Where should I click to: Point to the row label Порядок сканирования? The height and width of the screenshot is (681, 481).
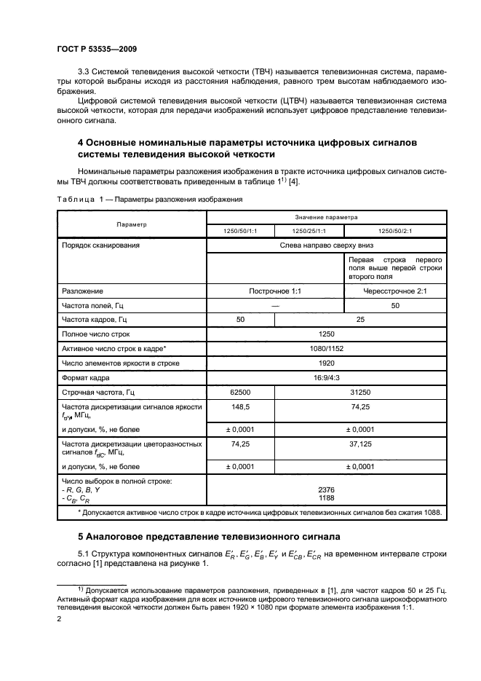click(x=101, y=245)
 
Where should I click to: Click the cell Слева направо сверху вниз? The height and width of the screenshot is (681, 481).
click(x=326, y=245)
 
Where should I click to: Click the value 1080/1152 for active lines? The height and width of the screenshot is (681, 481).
click(x=326, y=349)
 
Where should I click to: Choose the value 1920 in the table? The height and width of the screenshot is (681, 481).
click(x=326, y=362)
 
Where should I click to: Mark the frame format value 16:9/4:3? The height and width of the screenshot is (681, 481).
click(x=326, y=377)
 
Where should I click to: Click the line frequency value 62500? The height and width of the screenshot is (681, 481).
click(x=241, y=392)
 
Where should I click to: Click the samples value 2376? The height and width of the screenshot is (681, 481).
click(x=326, y=490)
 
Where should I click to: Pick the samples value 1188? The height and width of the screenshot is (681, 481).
click(x=326, y=498)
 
